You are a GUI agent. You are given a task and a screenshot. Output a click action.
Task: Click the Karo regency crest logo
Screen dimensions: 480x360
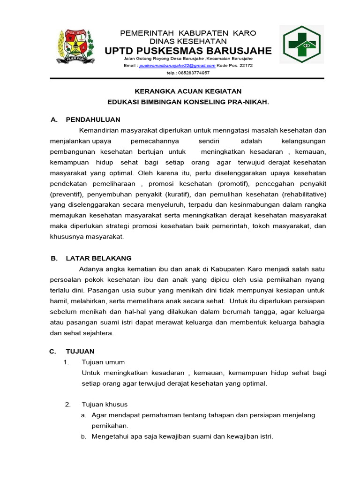[x=75, y=47]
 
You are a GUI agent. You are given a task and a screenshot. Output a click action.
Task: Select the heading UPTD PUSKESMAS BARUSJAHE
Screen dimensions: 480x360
[x=188, y=51]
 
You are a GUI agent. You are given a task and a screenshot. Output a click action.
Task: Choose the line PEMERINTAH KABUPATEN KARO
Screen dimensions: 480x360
[x=188, y=33]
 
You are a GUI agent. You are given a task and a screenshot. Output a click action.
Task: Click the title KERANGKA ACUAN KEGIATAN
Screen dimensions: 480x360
[x=188, y=91]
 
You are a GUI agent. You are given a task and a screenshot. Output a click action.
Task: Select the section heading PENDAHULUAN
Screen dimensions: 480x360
[x=93, y=120]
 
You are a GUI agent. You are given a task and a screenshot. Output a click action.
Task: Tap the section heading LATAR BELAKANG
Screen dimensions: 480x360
[x=99, y=258]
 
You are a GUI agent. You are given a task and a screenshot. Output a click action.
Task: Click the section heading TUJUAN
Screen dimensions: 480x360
[x=80, y=351]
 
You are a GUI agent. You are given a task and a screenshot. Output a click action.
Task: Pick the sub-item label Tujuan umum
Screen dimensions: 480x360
[x=103, y=362]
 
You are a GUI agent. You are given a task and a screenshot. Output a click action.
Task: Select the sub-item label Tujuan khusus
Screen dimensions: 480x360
[x=105, y=404]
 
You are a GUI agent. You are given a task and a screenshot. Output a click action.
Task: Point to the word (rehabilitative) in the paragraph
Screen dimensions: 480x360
[x=302, y=194]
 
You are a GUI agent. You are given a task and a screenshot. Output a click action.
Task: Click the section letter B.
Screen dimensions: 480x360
[x=53, y=258]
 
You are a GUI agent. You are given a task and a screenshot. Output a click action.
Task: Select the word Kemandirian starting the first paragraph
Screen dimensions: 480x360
[x=101, y=130]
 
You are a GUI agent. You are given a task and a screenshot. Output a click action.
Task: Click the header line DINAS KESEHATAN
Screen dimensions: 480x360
[x=188, y=41]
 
